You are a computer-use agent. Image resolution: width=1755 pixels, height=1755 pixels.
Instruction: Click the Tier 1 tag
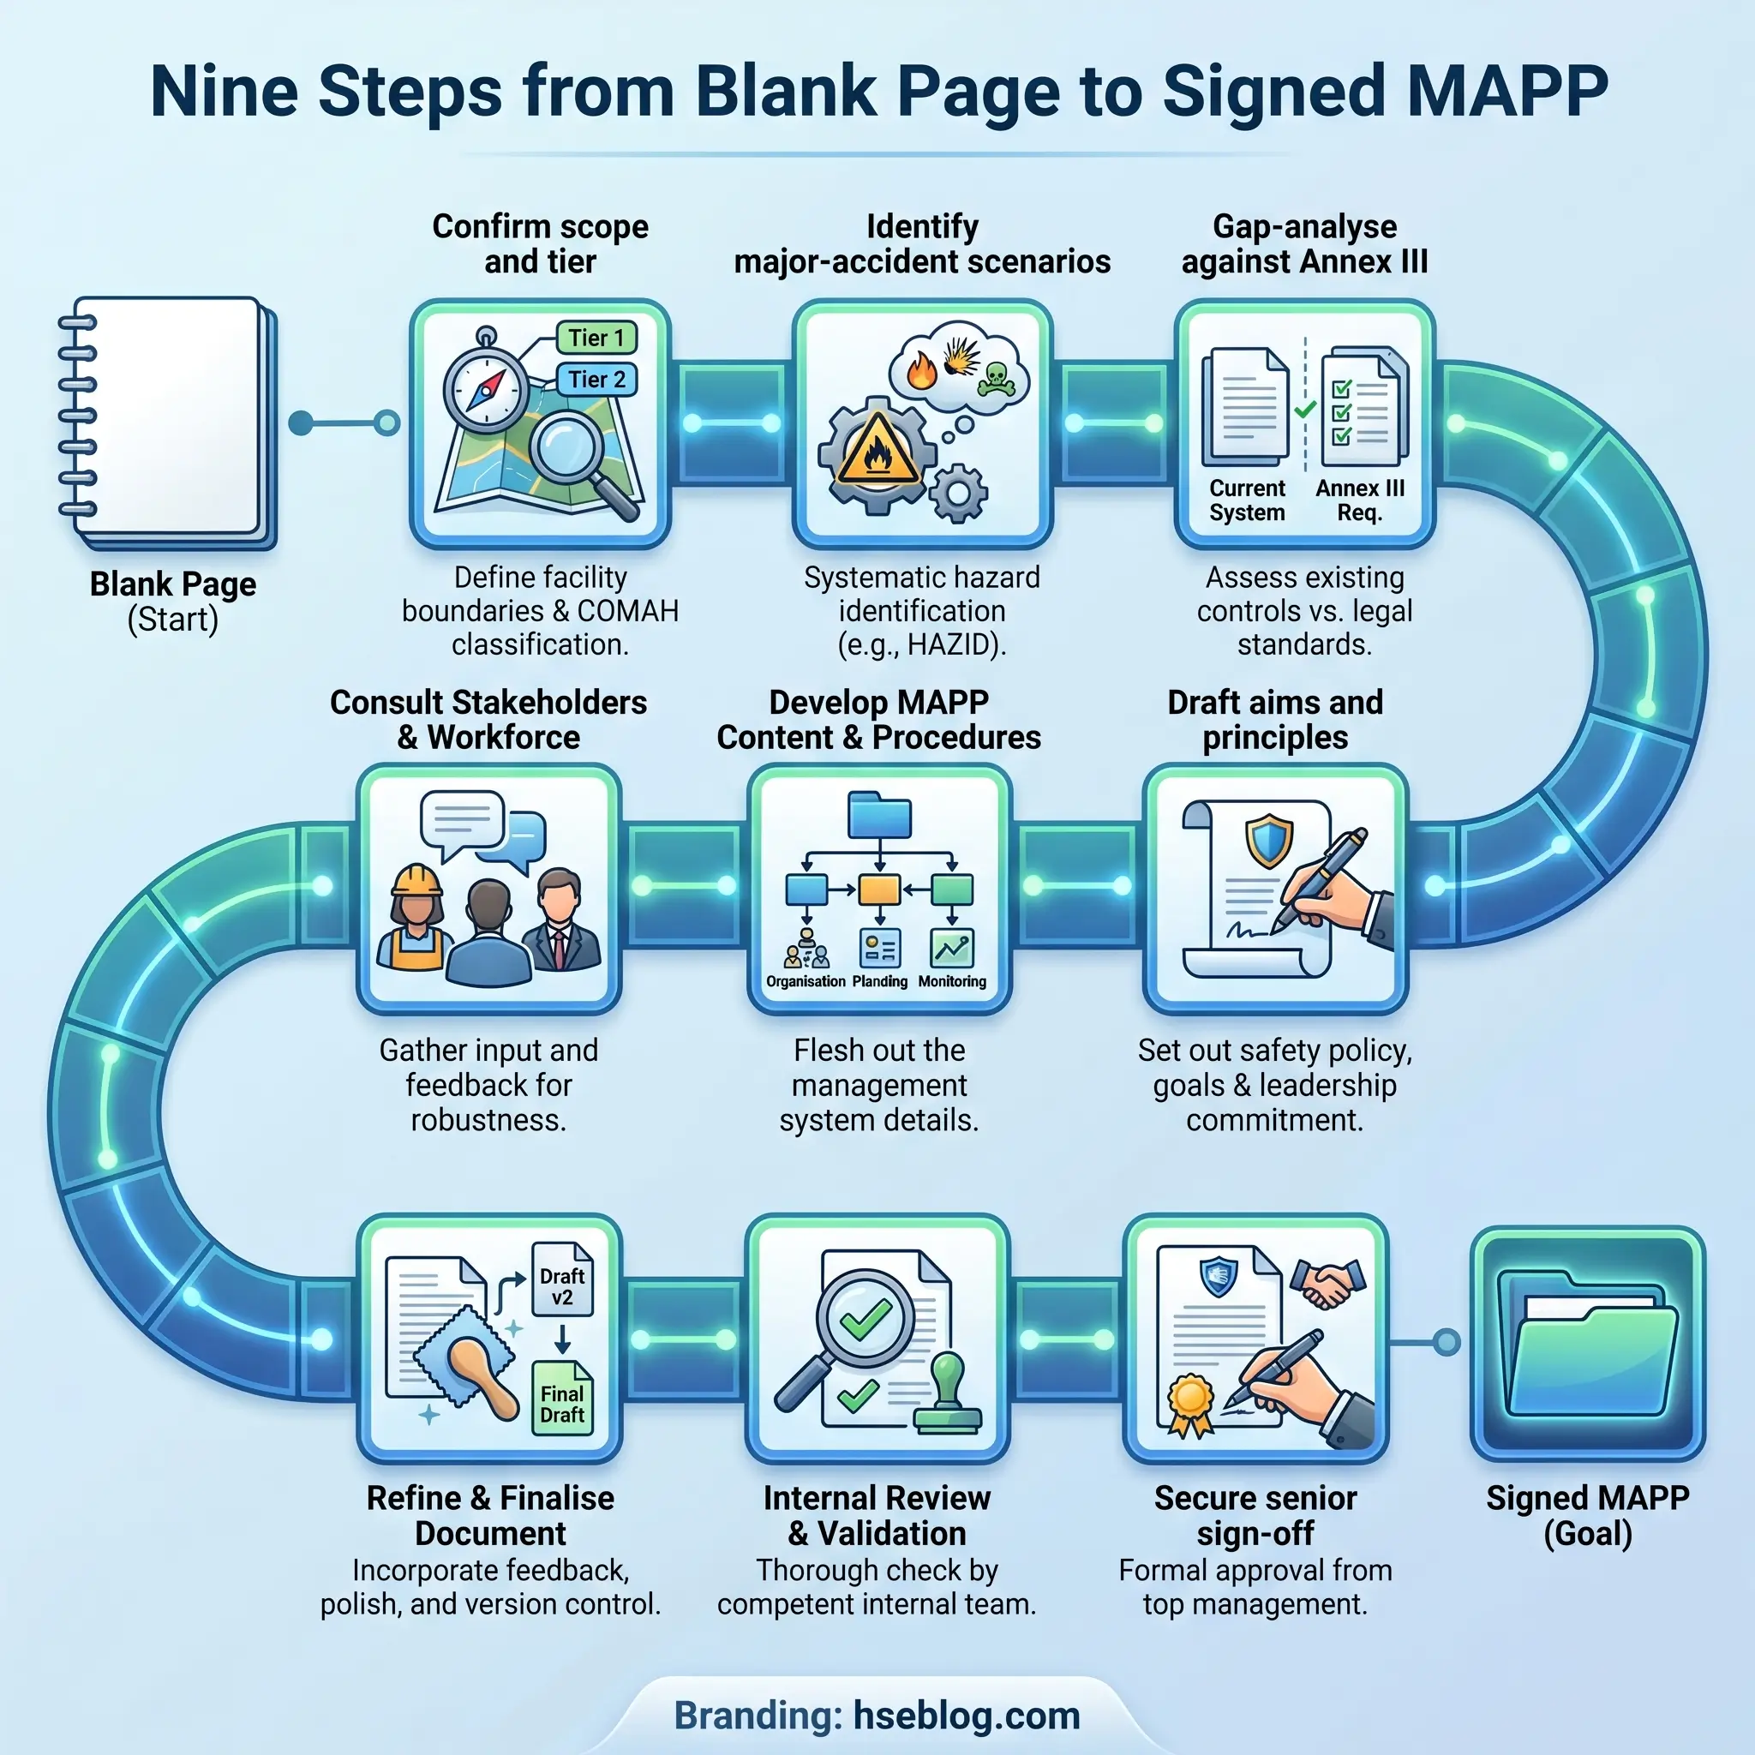pyautogui.click(x=596, y=338)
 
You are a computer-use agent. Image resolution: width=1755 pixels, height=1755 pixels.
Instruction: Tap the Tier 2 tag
pyautogui.click(x=596, y=380)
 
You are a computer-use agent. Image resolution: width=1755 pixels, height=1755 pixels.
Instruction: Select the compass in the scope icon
pyautogui.click(x=486, y=390)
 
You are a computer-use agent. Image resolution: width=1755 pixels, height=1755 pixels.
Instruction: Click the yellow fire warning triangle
pyautogui.click(x=877, y=449)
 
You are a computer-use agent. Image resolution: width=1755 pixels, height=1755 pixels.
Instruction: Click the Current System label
pyautogui.click(x=1246, y=500)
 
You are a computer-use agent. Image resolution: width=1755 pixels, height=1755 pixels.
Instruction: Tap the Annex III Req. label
pyautogui.click(x=1359, y=500)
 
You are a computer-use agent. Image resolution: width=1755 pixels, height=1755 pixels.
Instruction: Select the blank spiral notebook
pyautogui.click(x=169, y=422)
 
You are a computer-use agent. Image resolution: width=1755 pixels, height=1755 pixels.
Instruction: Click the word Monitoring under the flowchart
pyautogui.click(x=951, y=982)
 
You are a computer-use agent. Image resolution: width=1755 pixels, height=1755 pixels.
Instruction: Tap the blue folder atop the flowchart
pyautogui.click(x=878, y=814)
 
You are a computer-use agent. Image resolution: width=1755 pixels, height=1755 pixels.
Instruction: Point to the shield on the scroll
pyautogui.click(x=1268, y=842)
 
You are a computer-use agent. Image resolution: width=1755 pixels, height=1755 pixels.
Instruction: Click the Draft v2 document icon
pyautogui.click(x=561, y=1279)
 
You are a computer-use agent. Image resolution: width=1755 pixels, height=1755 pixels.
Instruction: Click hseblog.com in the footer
pyautogui.click(x=967, y=1716)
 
